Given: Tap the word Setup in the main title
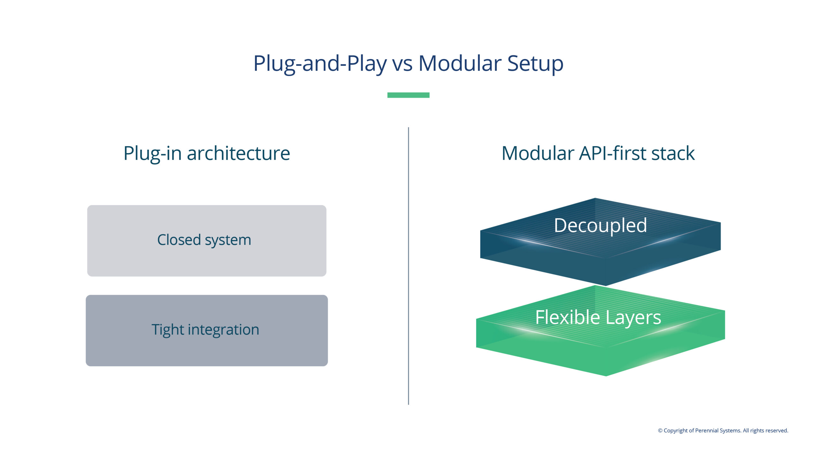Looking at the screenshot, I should pyautogui.click(x=535, y=64).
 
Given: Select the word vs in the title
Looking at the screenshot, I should pyautogui.click(x=402, y=64).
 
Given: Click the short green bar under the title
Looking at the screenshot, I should pyautogui.click(x=408, y=95).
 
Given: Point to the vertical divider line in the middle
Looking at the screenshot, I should pyautogui.click(x=408, y=266).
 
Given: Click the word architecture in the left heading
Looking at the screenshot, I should pyautogui.click(x=238, y=153).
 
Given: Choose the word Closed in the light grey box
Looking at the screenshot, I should pyautogui.click(x=179, y=240).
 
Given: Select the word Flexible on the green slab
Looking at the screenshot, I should pyautogui.click(x=567, y=317).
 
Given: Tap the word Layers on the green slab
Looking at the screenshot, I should pyautogui.click(x=633, y=318).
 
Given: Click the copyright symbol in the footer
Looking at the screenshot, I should pyautogui.click(x=660, y=431).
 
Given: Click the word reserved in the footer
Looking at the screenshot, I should pyautogui.click(x=776, y=431).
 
